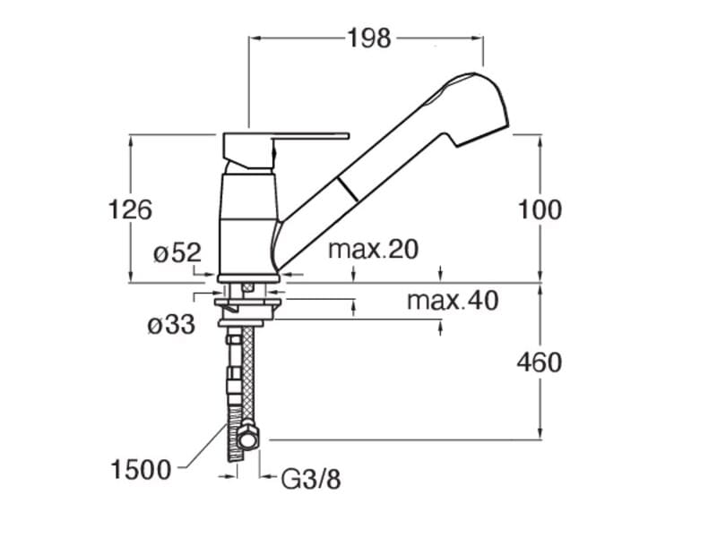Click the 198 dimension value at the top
click(x=368, y=38)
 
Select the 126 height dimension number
click(x=131, y=209)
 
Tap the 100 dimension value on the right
click(x=540, y=210)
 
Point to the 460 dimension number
click(x=540, y=362)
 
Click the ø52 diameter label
click(x=177, y=253)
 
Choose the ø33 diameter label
click(x=170, y=325)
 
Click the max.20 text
click(x=373, y=250)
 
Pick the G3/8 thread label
click(x=311, y=481)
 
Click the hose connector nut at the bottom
click(x=247, y=439)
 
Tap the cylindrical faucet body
click(x=246, y=224)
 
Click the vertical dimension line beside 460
click(x=541, y=403)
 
